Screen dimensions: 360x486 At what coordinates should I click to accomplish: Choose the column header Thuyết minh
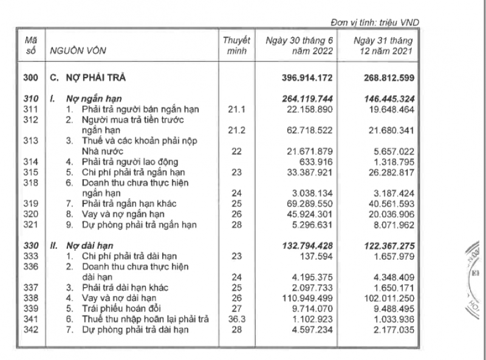coord(236,46)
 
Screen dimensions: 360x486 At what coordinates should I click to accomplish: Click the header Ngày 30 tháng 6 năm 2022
coord(298,46)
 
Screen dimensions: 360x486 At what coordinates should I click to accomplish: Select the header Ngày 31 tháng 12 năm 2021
coord(384,46)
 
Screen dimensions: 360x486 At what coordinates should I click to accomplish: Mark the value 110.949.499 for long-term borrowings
coord(303,297)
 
